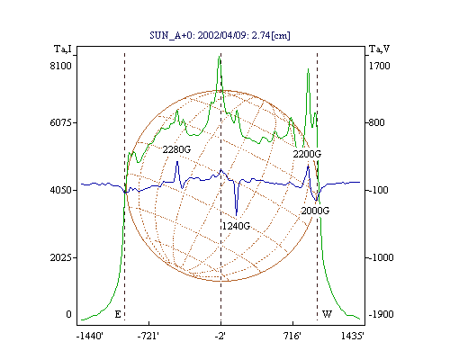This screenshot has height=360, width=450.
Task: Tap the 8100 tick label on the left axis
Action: [61, 66]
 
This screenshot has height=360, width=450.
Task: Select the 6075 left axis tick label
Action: [61, 122]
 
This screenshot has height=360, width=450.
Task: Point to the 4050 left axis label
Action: [61, 190]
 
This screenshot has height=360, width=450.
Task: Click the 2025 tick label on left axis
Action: [61, 257]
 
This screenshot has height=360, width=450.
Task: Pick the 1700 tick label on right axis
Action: [380, 66]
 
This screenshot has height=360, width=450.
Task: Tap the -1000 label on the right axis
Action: [381, 257]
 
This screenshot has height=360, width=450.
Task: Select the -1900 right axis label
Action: [381, 314]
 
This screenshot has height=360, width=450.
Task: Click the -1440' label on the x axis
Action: [90, 336]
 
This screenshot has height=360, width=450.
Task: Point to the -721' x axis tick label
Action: [148, 336]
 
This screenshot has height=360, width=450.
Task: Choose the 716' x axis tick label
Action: [292, 336]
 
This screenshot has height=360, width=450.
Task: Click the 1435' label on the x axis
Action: [353, 336]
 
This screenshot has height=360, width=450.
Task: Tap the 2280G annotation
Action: [176, 149]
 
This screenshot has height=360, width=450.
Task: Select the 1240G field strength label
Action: [236, 226]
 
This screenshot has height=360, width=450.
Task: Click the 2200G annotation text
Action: [307, 154]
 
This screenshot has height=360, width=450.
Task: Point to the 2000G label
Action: [315, 211]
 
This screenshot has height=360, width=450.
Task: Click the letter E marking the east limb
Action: [118, 314]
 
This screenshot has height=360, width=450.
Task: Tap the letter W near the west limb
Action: [327, 314]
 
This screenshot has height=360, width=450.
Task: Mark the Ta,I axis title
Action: [63, 49]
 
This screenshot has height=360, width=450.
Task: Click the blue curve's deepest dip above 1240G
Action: [237, 215]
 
